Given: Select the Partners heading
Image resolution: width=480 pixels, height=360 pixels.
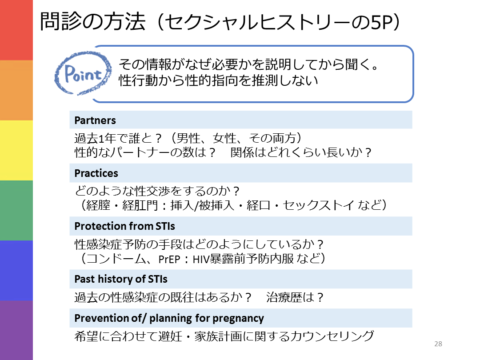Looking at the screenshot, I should point(95,120).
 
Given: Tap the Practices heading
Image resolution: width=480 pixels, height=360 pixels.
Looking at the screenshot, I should point(96,173).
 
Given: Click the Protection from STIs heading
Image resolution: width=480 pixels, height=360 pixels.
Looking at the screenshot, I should point(125,226).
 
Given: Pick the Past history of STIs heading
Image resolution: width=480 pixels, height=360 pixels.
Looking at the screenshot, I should point(121,280).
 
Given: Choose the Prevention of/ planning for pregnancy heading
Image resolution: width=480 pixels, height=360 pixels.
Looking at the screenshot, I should point(169,318).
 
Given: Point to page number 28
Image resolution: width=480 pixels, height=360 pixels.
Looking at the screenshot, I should point(438,344).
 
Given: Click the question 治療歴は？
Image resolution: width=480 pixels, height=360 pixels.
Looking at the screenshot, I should point(295,297).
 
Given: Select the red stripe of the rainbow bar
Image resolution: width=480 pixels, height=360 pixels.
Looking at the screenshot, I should point(16,30).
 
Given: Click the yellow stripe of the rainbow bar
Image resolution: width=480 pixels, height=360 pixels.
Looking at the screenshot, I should point(16,150).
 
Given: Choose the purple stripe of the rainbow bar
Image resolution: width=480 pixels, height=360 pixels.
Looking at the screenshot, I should point(16,330).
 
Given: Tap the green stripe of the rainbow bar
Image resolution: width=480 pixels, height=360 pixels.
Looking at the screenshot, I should point(16,210).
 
